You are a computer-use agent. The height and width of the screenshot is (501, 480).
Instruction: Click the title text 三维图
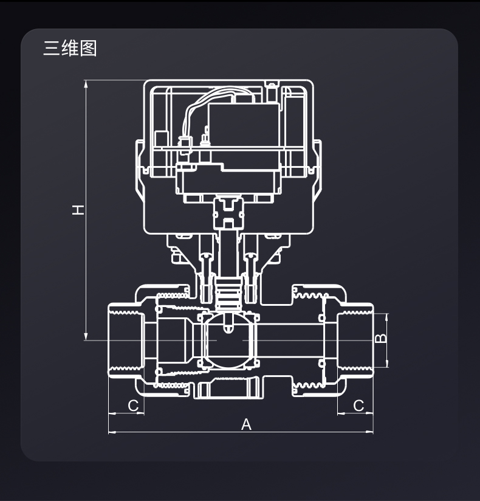[70, 48]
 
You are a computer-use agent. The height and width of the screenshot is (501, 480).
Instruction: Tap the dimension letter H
[78, 210]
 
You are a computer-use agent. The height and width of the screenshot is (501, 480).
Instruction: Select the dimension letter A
[246, 424]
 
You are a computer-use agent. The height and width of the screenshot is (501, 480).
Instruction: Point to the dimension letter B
[380, 339]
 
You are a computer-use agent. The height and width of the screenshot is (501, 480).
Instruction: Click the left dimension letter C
[134, 405]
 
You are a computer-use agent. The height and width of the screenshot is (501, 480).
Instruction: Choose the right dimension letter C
[358, 405]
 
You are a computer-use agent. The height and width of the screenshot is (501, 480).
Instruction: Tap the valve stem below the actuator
[228, 255]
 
